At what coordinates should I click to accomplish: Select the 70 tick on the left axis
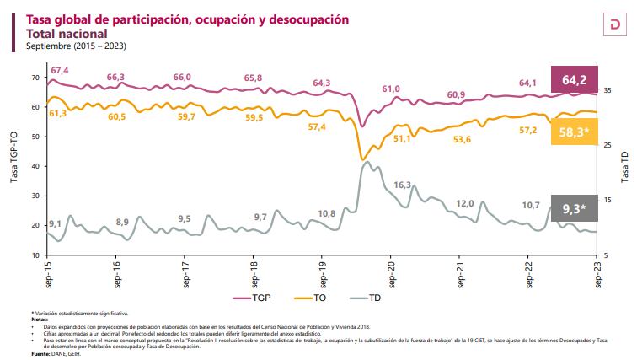(x=35, y=78)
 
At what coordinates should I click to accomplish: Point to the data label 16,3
(x=402, y=185)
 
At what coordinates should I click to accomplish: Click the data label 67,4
(x=60, y=69)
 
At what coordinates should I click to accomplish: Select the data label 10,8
(x=328, y=212)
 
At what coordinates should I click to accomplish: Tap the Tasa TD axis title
(x=625, y=167)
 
